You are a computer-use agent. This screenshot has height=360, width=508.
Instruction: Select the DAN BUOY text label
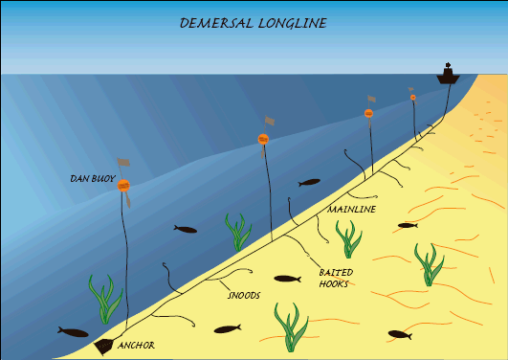pos(93,178)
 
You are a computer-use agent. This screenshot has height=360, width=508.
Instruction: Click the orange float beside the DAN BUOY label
pos(123,186)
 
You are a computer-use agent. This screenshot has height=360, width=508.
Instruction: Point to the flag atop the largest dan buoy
pos(123,164)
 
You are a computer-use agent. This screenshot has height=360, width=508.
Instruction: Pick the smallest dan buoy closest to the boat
pos(413,97)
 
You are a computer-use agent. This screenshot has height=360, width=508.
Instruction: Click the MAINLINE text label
pos(351,209)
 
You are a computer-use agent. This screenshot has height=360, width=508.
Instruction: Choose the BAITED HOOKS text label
pos(336,278)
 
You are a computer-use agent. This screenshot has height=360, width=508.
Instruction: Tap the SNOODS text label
pos(243,296)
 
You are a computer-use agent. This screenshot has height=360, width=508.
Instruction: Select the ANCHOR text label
pos(136,345)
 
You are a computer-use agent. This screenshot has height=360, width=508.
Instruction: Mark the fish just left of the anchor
pos(73,331)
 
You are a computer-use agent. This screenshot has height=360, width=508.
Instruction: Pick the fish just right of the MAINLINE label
pos(408,226)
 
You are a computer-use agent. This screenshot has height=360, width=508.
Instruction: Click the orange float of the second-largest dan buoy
pos(262,139)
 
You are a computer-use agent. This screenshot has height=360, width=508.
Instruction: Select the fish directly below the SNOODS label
pos(227,330)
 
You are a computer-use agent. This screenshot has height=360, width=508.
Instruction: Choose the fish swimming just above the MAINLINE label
pos(310,182)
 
